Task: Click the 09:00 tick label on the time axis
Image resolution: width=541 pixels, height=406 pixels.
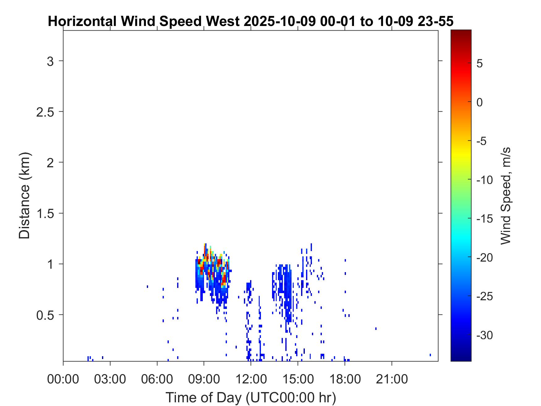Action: [204, 379]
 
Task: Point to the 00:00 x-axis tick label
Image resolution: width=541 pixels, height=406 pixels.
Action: [63, 379]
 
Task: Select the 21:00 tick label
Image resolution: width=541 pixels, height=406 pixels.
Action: [392, 379]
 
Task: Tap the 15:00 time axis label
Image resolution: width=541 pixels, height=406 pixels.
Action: [298, 379]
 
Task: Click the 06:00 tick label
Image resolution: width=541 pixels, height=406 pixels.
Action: [157, 379]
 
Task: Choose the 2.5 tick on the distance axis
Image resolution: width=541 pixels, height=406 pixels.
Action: [45, 112]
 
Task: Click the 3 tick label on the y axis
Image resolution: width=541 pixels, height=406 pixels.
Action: [50, 61]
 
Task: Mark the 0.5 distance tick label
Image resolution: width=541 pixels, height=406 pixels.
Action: [45, 315]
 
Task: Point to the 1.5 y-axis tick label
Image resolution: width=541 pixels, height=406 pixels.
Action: [45, 214]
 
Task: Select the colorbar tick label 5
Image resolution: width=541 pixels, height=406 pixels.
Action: [480, 64]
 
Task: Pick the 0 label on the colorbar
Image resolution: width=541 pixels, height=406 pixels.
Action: [480, 102]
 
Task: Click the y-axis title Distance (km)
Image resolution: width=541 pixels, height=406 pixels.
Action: [24, 195]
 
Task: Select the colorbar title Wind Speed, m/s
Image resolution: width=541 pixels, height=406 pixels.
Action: [505, 196]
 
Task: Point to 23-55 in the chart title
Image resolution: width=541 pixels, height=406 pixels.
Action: [436, 22]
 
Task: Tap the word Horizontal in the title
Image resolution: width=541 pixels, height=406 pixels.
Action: [82, 22]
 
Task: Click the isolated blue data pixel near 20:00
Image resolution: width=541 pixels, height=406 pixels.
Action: [376, 328]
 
